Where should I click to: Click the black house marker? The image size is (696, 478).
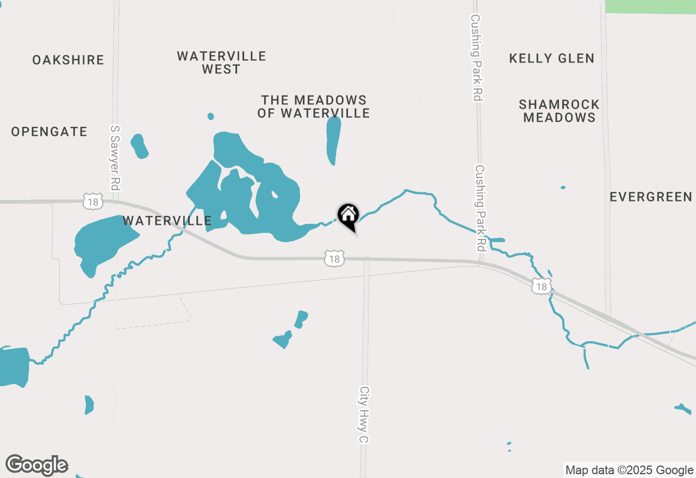[348, 216]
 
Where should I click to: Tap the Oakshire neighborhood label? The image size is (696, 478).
[68, 60]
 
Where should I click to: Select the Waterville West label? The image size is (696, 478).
[221, 62]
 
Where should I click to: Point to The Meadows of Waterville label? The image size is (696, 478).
[314, 106]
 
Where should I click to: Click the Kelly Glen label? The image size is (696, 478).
[551, 59]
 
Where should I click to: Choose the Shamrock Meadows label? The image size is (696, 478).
[559, 111]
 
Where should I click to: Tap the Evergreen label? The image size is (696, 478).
[651, 197]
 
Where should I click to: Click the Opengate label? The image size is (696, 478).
[49, 131]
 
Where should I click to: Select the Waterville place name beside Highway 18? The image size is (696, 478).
[167, 221]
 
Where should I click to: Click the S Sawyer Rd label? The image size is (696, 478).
[114, 158]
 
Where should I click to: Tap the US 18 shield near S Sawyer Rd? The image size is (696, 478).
[92, 201]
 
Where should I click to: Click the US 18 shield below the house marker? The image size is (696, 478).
[334, 259]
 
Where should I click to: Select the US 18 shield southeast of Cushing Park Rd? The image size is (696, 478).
[542, 286]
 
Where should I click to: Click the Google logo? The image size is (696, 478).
[37, 466]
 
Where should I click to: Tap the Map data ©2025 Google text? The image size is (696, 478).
[629, 470]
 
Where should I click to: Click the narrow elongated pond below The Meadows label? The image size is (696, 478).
[333, 140]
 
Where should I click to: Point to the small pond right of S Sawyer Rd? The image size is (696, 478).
[139, 146]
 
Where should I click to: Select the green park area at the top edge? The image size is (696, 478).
[650, 6]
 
